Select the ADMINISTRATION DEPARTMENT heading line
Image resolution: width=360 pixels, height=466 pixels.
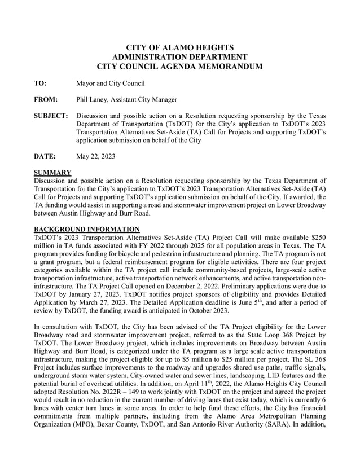(179, 57)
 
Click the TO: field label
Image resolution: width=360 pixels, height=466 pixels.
(40, 83)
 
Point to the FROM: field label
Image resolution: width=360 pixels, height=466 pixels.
(46, 100)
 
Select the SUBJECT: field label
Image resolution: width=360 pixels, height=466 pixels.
(51, 116)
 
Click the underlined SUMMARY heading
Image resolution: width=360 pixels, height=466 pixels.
(52, 172)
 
